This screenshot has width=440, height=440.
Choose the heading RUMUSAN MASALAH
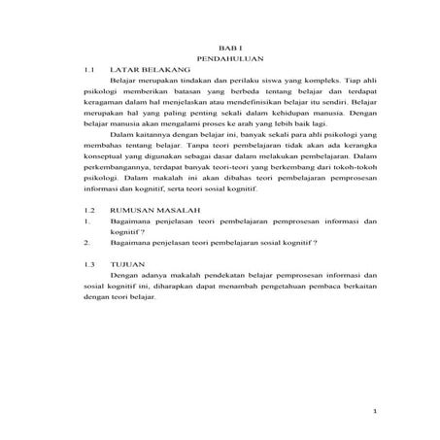(x=155, y=237)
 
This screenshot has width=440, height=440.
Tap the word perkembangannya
(x=118, y=197)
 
